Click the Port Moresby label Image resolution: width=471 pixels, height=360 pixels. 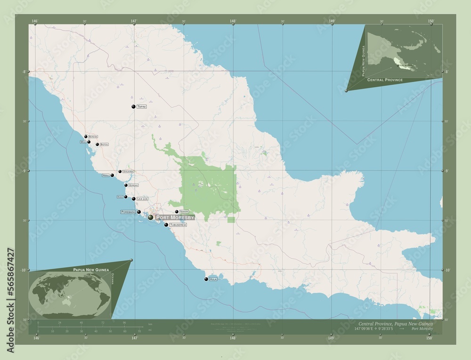[x=174, y=217]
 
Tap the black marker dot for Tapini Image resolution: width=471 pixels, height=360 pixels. [x=134, y=107]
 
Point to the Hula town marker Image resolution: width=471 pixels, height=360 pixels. [x=206, y=279]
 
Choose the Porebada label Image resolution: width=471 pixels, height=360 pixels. [x=128, y=212]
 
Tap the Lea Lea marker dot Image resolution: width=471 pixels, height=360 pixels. [x=134, y=199]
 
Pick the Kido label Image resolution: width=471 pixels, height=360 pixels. [x=120, y=197]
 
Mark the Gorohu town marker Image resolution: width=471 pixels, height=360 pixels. [x=126, y=185]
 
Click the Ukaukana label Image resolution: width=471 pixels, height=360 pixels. [x=128, y=172]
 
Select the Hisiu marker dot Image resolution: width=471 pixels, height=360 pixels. [x=112, y=175]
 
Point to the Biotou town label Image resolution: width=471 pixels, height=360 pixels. [x=105, y=144]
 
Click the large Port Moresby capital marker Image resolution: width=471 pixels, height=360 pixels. [x=150, y=217]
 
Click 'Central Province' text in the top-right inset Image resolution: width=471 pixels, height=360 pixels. [x=385, y=80]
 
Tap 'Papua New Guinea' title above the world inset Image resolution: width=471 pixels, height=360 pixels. [x=90, y=269]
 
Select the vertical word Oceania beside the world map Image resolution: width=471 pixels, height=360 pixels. [x=113, y=281]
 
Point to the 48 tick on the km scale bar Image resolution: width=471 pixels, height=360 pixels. [x=81, y=323]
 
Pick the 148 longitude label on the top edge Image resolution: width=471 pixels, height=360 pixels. [x=233, y=21]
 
